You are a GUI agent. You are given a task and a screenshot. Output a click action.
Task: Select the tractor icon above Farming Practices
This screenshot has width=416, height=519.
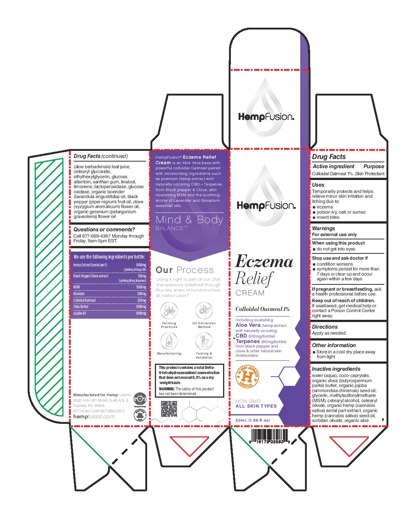coord(169,311)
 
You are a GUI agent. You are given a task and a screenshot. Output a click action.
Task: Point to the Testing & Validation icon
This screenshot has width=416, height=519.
coord(204,341)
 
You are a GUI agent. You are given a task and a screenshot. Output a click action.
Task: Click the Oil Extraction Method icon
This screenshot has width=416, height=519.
coord(204,311)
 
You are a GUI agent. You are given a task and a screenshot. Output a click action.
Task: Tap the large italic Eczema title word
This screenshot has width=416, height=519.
coord(264,262)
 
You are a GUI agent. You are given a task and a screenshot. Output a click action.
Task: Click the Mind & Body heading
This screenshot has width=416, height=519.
coord(190,220)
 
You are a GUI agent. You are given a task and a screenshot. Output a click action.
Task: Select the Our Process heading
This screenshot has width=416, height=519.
coord(184,270)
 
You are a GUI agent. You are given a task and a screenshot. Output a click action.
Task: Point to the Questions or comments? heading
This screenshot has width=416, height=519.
coord(104,229)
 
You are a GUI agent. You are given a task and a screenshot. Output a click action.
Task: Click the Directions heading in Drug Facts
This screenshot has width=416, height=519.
coord(325,327)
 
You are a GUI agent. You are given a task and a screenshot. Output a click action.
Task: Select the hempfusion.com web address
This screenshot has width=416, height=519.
coord(94,416)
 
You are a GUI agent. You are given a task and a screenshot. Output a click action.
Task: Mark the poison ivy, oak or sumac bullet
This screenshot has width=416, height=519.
coord(341,212)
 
